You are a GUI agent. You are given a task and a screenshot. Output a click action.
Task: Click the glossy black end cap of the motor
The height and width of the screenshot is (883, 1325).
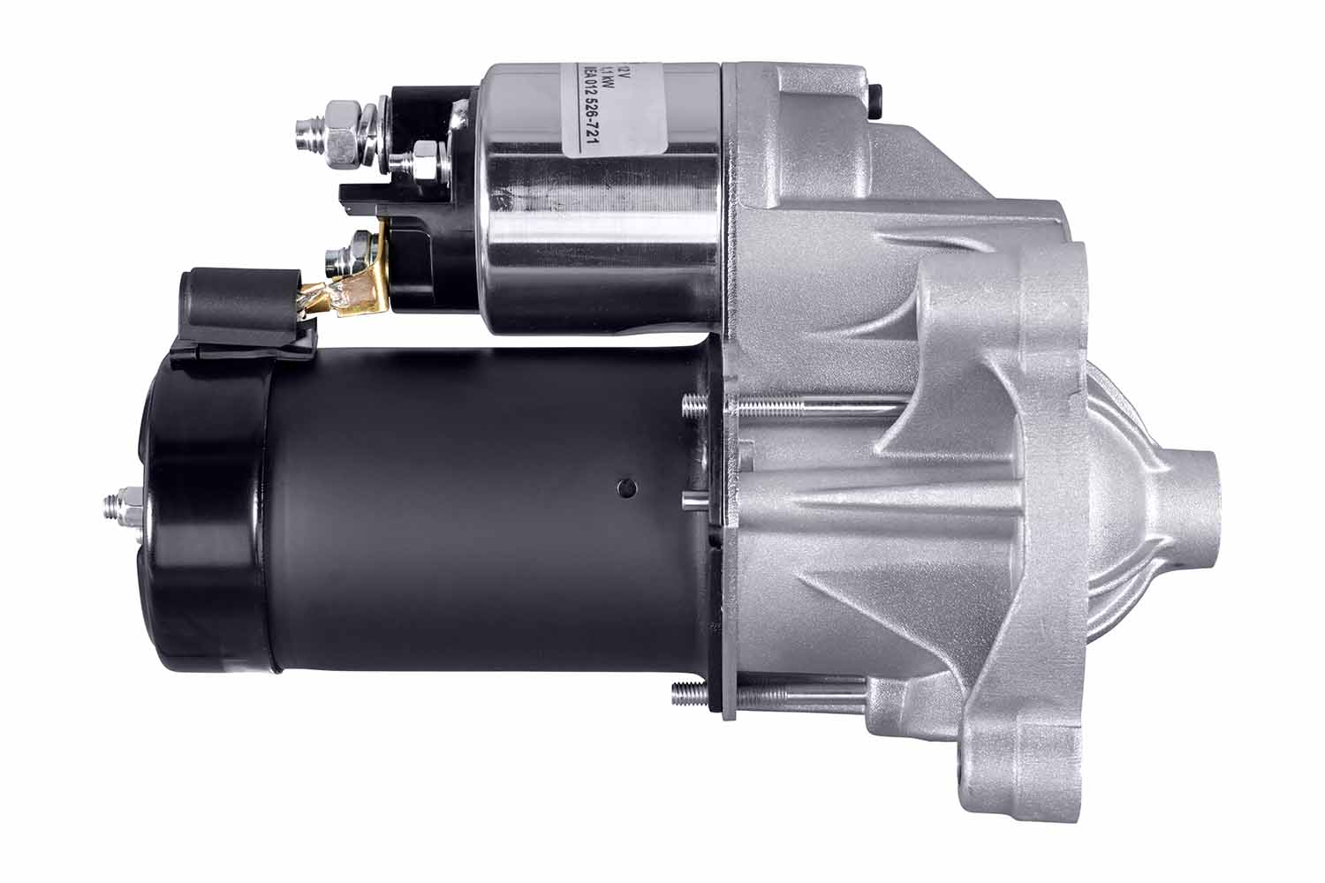(x=203, y=512)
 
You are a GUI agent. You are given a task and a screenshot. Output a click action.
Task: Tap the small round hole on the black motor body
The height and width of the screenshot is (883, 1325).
(x=626, y=487)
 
